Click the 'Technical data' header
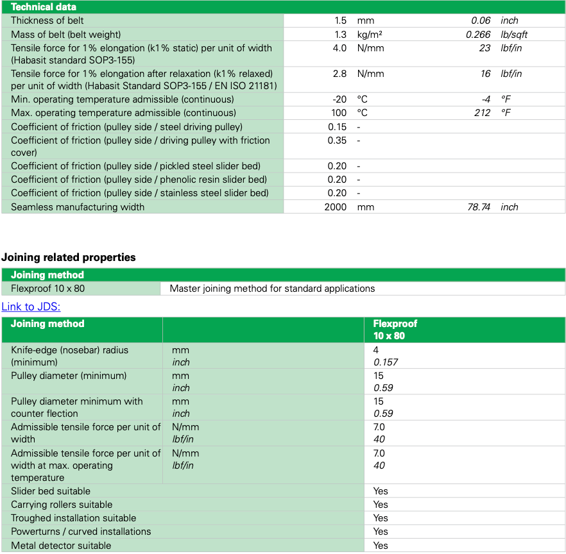pos(44,7)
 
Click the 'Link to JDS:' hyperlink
pos(31,307)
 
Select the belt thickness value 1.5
pos(339,21)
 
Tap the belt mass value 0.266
pos(478,35)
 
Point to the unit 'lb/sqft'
pos(514,35)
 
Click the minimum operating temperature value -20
pos(339,99)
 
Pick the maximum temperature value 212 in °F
pos(482,113)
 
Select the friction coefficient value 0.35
pos(337,140)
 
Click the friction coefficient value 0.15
pos(337,127)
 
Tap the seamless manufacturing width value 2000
pos(335,207)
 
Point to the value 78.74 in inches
pos(478,207)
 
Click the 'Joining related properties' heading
pos(69,257)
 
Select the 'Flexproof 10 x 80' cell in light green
pos(48,289)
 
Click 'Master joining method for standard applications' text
pos(272,289)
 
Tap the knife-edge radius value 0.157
pos(386,362)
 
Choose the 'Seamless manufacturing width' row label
pos(78,207)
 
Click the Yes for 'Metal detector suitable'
pos(381,546)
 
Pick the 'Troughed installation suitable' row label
pos(74,518)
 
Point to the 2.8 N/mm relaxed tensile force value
pos(339,74)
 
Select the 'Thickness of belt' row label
pos(47,21)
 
